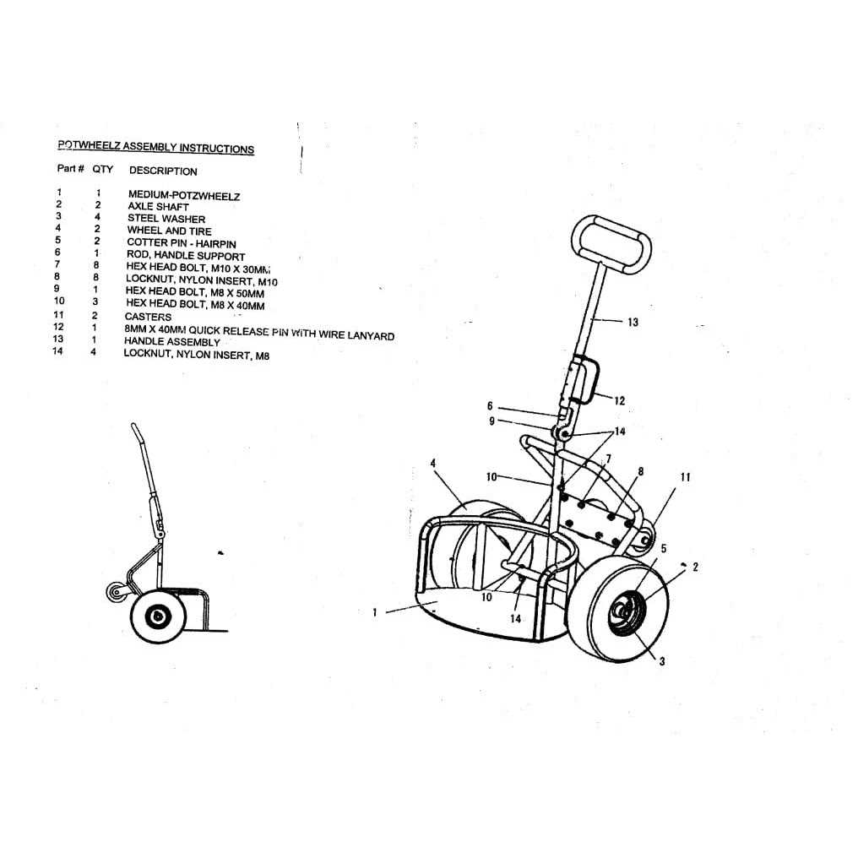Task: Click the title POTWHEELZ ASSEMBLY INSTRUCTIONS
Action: point(155,147)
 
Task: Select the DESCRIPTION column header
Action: point(163,171)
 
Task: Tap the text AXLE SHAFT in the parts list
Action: point(158,206)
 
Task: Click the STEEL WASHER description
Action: point(166,219)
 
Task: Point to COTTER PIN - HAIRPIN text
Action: point(182,243)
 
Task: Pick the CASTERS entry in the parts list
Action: point(148,317)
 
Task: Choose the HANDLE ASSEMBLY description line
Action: point(172,342)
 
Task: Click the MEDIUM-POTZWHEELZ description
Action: point(184,195)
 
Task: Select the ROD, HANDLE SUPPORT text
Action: point(186,255)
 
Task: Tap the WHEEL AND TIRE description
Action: point(169,231)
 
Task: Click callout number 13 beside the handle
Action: point(633,322)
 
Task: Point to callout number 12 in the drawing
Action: point(619,400)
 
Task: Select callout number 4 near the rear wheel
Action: point(433,463)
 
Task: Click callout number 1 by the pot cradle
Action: point(375,613)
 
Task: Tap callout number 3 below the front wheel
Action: point(661,661)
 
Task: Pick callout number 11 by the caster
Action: point(685,477)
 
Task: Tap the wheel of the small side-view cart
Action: point(156,617)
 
